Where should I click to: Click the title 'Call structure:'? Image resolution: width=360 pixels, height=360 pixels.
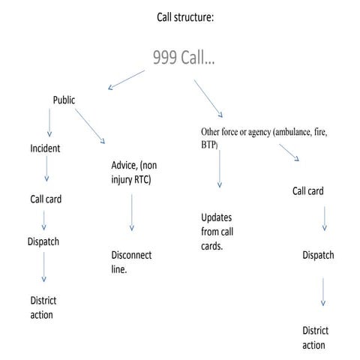coord(184,16)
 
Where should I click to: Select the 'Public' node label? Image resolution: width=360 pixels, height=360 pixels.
coord(64,99)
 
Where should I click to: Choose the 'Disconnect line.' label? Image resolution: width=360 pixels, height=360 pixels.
coord(131,262)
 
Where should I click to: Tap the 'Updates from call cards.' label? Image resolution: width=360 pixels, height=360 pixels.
coord(216,231)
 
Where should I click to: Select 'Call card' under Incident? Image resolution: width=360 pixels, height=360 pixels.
coord(45,199)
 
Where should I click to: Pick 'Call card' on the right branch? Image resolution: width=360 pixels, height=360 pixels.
coord(307,191)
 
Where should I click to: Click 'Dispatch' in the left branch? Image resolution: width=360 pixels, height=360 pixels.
coord(44,241)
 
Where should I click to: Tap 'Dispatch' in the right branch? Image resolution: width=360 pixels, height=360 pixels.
coord(318,255)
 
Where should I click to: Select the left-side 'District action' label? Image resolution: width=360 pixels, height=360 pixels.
coord(43,307)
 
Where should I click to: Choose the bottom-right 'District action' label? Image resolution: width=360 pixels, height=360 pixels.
coord(314,337)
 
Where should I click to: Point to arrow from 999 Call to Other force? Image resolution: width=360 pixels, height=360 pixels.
coord(208,96)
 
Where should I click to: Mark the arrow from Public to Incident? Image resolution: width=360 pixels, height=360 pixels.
coord(50,122)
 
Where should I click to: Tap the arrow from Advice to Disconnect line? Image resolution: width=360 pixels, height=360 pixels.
coord(132,212)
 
